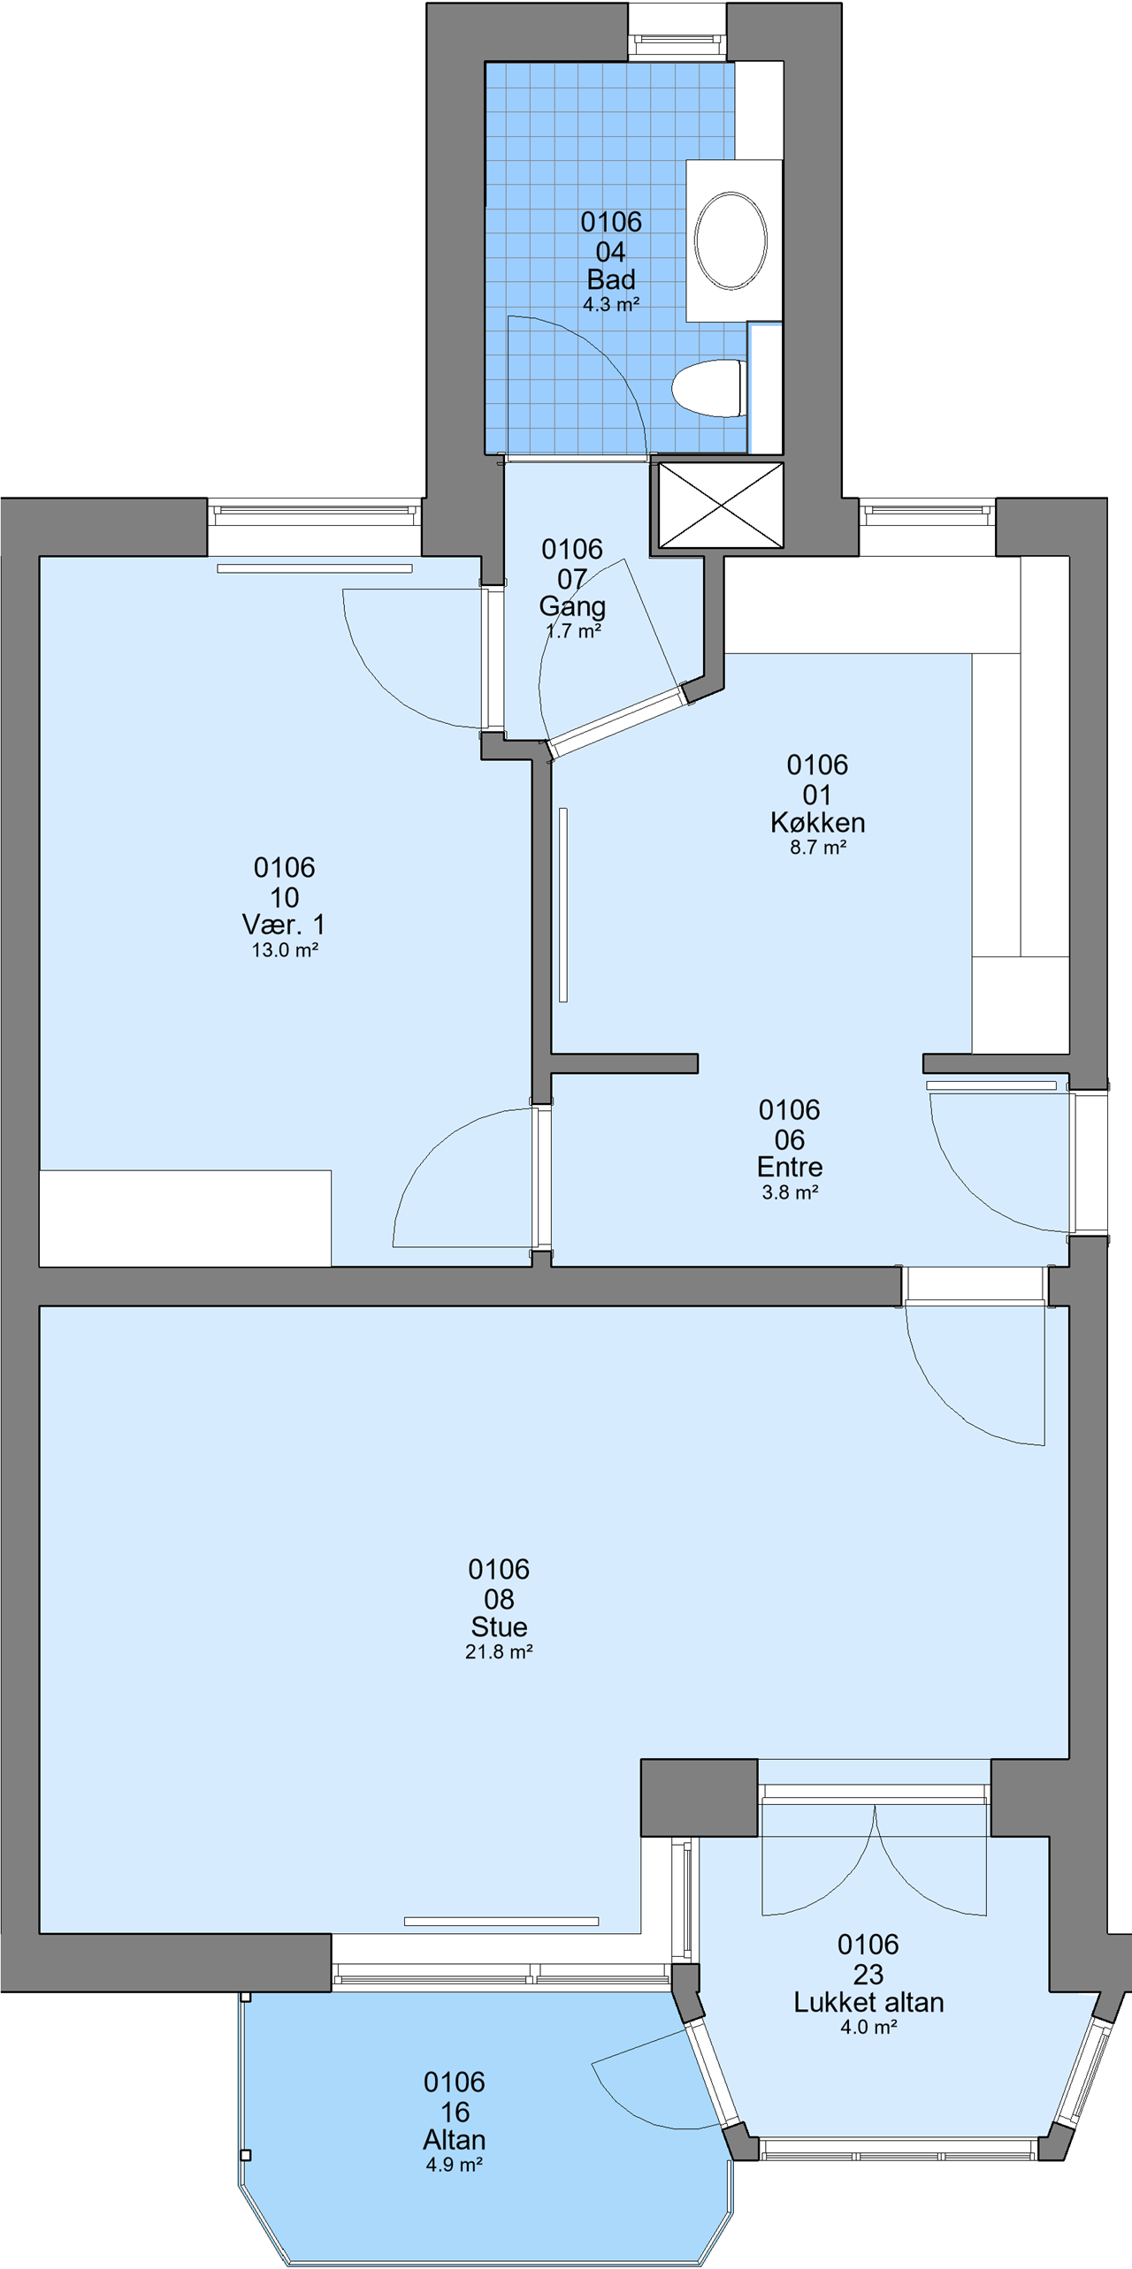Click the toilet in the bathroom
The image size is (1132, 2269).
pos(709,387)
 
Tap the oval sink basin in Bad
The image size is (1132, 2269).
pos(730,240)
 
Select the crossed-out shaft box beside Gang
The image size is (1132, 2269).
pos(721,505)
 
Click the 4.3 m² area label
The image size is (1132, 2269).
pos(611,305)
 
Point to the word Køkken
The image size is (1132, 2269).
pos(818,823)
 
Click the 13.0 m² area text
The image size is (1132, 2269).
pos(285,950)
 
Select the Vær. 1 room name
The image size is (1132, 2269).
pos(284,925)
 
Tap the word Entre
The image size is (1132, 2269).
pos(790,1167)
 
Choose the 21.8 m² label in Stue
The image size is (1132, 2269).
pos(499,1652)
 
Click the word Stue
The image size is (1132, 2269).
pos(499,1626)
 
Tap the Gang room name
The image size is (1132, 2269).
pos(572,606)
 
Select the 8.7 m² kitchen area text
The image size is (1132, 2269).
pos(818,848)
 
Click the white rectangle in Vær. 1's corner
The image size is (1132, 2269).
pos(185,1218)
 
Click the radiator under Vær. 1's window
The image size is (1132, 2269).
pos(315,568)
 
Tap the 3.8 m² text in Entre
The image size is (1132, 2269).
pos(790,1192)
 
